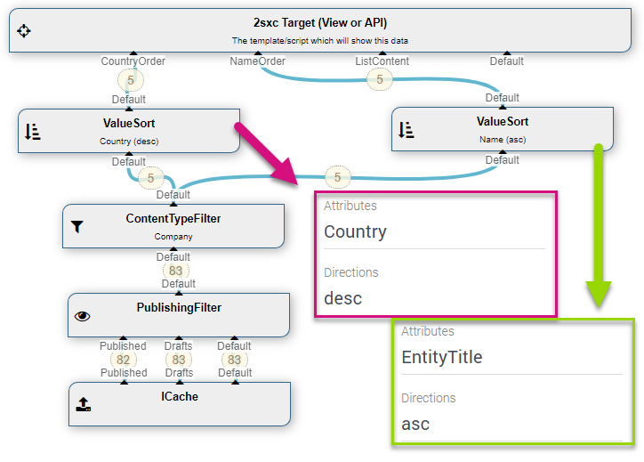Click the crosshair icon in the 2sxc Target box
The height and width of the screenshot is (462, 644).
pos(24,31)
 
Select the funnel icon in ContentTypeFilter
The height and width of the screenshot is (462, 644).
pos(76,226)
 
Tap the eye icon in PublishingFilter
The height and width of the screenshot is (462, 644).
pos(82,316)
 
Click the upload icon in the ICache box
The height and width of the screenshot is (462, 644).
pos(84,404)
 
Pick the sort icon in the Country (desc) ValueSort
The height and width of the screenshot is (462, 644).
pos(32,132)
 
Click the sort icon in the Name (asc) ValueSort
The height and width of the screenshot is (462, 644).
pos(406,130)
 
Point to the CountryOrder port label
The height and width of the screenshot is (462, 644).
pos(133,61)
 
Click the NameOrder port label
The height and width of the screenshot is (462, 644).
pos(258,61)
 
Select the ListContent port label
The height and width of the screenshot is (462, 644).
pos(382,61)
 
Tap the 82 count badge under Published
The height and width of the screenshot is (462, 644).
pos(124,360)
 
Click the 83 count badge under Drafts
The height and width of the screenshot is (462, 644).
pos(179,360)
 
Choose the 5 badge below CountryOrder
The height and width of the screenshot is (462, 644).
pos(131,80)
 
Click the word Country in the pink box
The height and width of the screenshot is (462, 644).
pos(355,231)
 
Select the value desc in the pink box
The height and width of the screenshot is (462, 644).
pos(343,298)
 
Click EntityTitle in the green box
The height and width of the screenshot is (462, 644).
pos(442,357)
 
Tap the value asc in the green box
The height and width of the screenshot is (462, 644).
pos(415,425)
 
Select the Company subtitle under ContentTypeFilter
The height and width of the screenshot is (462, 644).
pos(173,237)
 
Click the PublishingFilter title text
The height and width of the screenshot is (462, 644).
pos(179,307)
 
